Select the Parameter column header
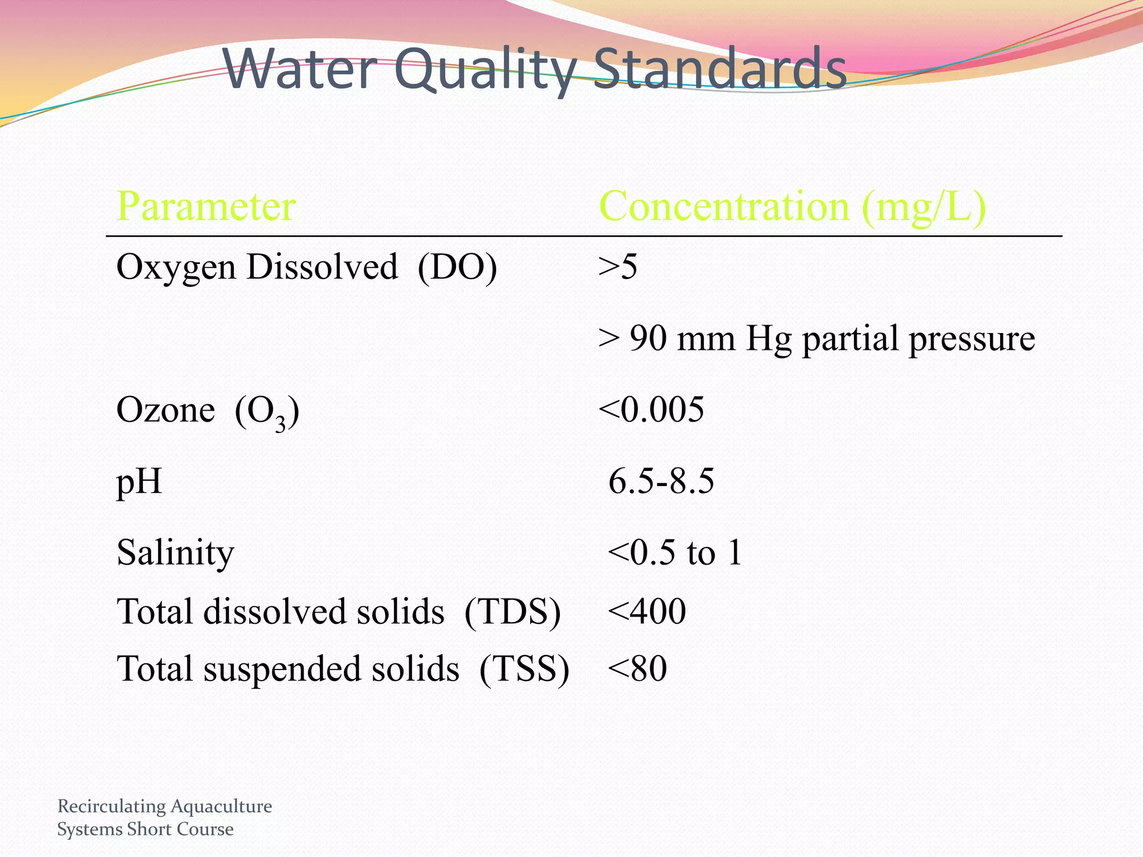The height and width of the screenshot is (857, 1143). (206, 206)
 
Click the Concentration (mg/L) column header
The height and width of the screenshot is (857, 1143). (792, 206)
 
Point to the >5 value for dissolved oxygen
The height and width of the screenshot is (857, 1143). (617, 267)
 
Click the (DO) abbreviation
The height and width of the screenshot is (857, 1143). (457, 267)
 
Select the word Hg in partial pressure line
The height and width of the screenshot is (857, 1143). (769, 339)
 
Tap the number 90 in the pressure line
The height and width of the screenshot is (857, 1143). (648, 339)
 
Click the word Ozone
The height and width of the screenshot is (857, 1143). (165, 410)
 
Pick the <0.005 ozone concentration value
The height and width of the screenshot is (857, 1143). (651, 410)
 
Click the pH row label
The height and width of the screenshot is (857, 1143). (139, 482)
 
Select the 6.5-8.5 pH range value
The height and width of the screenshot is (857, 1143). (661, 482)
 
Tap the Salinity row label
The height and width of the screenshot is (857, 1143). (175, 553)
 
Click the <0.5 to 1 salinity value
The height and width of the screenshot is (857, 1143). (675, 553)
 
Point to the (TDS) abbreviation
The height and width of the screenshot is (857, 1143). (512, 612)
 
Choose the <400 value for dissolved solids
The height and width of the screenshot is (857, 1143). (647, 612)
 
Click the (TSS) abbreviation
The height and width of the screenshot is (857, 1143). (524, 669)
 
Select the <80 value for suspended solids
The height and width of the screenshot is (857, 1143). (637, 669)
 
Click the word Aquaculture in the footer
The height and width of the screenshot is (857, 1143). (222, 806)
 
